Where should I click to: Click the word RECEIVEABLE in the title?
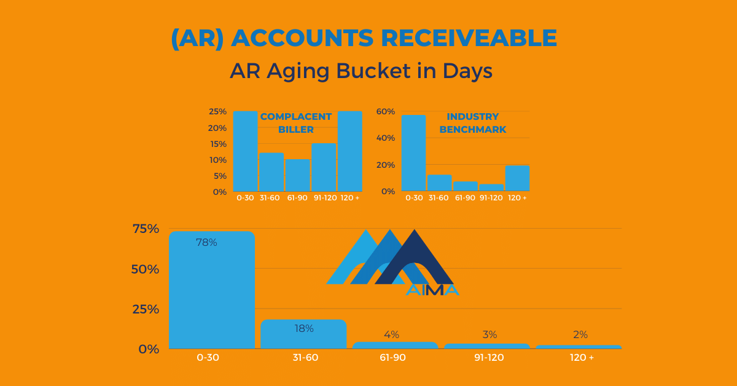(469, 38)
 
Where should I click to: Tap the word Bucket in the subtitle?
(373, 71)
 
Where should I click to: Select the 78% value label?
(206, 242)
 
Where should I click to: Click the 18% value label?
(303, 328)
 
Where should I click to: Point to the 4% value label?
(392, 334)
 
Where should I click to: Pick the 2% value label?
(580, 334)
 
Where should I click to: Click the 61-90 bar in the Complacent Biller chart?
(297, 175)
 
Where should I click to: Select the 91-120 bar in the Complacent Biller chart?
(324, 167)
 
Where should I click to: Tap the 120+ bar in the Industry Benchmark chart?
(518, 178)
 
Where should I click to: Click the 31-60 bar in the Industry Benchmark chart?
(440, 183)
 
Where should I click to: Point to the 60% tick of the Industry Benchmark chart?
(386, 111)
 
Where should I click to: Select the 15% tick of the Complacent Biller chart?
(218, 144)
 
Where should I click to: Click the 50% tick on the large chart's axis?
(145, 269)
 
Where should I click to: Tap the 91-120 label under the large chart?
(489, 357)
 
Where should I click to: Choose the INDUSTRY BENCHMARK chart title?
(473, 123)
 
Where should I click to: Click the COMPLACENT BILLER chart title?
(296, 123)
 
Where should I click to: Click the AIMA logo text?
(432, 290)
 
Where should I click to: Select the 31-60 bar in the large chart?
(303, 334)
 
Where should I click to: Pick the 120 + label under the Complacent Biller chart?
(349, 198)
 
